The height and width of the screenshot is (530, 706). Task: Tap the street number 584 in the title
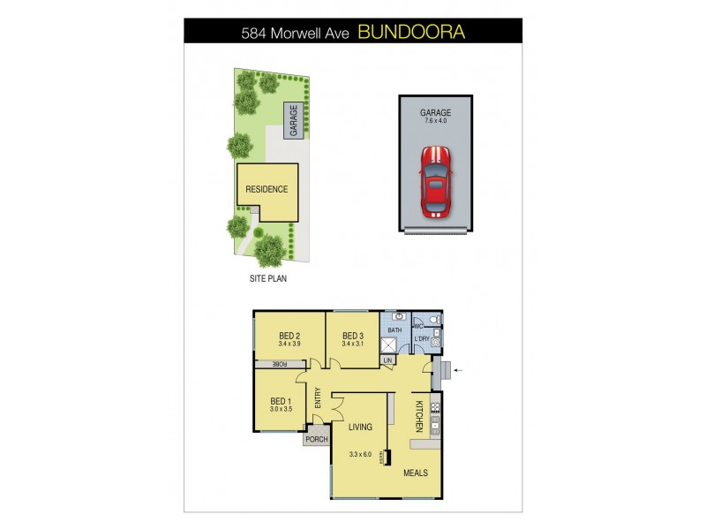tap(257, 34)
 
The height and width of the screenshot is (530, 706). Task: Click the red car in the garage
tap(434, 182)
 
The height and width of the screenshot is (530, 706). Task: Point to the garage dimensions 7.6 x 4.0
tap(435, 122)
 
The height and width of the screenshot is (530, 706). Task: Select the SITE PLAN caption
tap(268, 277)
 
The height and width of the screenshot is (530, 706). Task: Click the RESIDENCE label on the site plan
tap(267, 189)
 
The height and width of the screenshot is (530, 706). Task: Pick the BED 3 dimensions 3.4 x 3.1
tap(353, 344)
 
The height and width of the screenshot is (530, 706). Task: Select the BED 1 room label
tap(282, 400)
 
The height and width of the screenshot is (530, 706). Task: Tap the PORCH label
tap(317, 439)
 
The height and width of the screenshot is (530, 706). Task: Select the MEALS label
tap(416, 473)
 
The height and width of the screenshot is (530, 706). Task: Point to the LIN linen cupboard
tap(388, 360)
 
